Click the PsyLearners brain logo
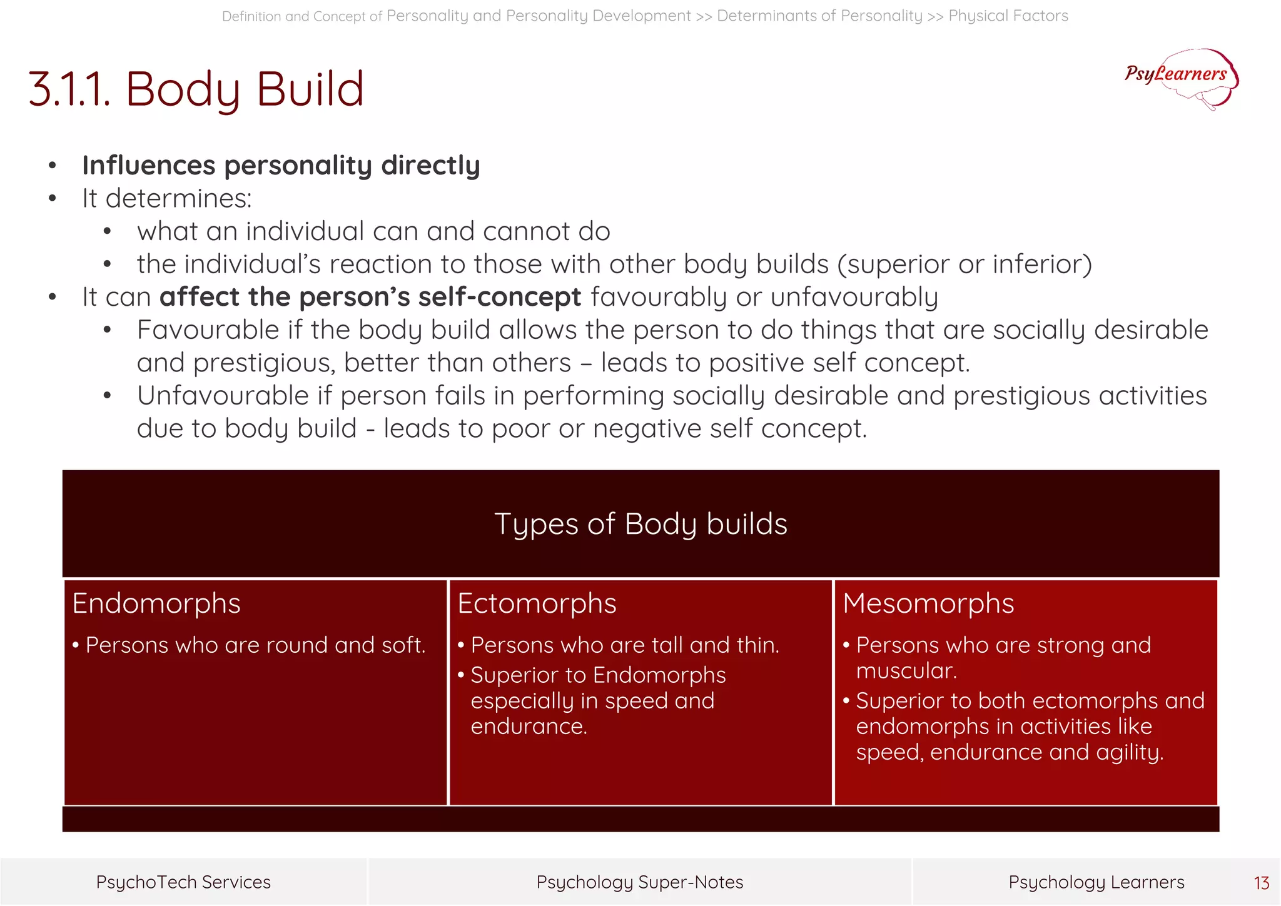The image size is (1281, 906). (x=1181, y=78)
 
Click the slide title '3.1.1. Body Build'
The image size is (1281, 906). (x=196, y=89)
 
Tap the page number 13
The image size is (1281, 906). (x=1261, y=883)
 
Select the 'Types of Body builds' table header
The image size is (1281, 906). (x=640, y=524)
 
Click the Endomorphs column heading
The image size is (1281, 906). (x=156, y=604)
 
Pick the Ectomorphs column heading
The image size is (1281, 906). (x=537, y=604)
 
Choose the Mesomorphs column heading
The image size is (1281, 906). (x=928, y=604)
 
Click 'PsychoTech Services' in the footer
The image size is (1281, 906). (x=183, y=882)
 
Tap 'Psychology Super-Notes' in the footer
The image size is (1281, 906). (x=640, y=882)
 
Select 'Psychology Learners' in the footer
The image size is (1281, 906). (x=1096, y=882)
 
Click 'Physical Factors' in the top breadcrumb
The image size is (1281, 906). (x=1008, y=16)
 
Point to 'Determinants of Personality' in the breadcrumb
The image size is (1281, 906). (x=819, y=16)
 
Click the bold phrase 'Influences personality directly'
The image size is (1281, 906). (x=281, y=166)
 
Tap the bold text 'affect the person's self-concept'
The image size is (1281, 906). (x=370, y=297)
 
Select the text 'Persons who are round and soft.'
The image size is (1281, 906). (x=255, y=645)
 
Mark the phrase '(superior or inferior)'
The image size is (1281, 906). (x=965, y=264)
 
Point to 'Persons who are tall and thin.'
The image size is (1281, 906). (x=625, y=645)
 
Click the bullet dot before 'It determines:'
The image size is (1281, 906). (x=53, y=199)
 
